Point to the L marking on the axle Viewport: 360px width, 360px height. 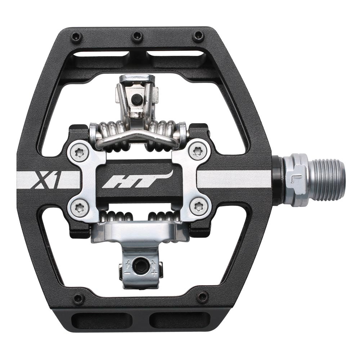[294, 179]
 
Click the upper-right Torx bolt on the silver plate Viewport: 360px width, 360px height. [197, 151]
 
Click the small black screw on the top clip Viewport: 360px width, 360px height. [136, 99]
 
